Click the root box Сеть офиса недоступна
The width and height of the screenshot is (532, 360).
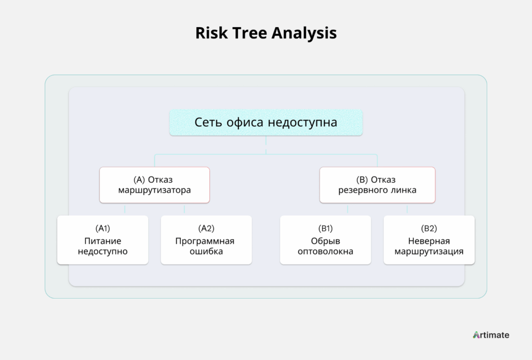266,123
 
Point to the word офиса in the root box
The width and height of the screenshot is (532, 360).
245,123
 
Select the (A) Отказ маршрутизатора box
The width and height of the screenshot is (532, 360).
154,185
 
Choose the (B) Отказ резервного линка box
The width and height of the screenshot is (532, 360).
377,185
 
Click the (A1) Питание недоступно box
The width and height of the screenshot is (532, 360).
103,240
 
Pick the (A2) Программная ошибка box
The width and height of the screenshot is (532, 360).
206,240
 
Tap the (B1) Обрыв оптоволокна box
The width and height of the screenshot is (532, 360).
325,240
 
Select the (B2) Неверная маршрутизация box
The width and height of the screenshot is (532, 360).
429,240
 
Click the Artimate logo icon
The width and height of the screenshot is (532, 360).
477,335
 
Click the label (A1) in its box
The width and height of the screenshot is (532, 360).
103,229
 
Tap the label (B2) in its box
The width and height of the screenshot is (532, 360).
429,229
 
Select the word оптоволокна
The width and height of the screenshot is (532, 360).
325,251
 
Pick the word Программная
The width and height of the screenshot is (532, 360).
205,241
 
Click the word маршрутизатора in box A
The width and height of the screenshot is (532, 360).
154,190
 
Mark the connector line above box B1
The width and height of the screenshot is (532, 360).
348,209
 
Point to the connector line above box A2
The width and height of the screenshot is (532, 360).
184,209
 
